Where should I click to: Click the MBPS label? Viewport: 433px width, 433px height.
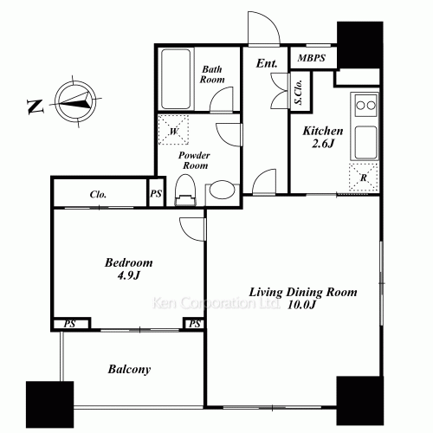tap(312, 58)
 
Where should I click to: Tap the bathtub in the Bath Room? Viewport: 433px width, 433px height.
tap(176, 79)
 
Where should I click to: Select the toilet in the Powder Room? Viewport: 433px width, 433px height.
tap(185, 190)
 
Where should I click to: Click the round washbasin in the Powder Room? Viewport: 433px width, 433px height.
tap(222, 191)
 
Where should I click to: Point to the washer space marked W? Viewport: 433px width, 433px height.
tap(173, 130)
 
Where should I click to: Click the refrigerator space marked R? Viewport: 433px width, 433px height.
tap(364, 177)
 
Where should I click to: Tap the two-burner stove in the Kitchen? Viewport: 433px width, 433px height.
tap(365, 105)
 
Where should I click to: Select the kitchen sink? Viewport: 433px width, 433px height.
tap(365, 142)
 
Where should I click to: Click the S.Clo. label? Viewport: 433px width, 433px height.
tap(299, 92)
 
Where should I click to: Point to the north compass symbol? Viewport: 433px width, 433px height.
tap(75, 101)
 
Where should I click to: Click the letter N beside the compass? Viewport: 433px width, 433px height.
tap(36, 107)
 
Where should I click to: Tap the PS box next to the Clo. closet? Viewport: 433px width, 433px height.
tap(156, 193)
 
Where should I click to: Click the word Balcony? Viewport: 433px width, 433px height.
tap(129, 370)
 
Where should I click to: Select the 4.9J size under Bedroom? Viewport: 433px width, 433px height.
tap(129, 275)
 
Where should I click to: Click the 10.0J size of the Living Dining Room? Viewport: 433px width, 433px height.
tap(302, 305)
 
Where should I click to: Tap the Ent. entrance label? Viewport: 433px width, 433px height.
tap(267, 63)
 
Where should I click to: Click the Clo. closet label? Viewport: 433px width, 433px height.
tap(98, 194)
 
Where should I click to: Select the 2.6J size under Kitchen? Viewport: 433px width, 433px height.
tap(323, 144)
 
